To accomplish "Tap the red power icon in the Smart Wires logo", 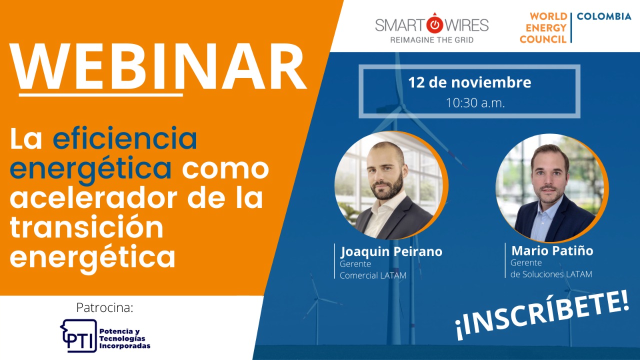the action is (434, 24).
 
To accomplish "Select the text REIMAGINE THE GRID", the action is (431, 40).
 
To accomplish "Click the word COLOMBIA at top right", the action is (604, 16).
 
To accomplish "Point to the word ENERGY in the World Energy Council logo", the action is (546, 28).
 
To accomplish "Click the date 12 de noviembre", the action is (469, 82).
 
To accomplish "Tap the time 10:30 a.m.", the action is (475, 103).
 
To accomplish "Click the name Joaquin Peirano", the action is (391, 251).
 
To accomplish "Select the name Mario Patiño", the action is (552, 251).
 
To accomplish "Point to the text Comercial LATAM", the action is (373, 275).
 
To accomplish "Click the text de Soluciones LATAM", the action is (551, 274).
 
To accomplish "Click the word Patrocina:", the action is (105, 307).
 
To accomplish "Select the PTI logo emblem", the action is (78, 335).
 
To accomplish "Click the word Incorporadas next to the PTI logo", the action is (125, 346).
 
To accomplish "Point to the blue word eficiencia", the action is (125, 139).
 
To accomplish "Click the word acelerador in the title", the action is (93, 198).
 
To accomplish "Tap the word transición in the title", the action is (86, 227).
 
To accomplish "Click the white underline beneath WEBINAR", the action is (101, 95).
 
